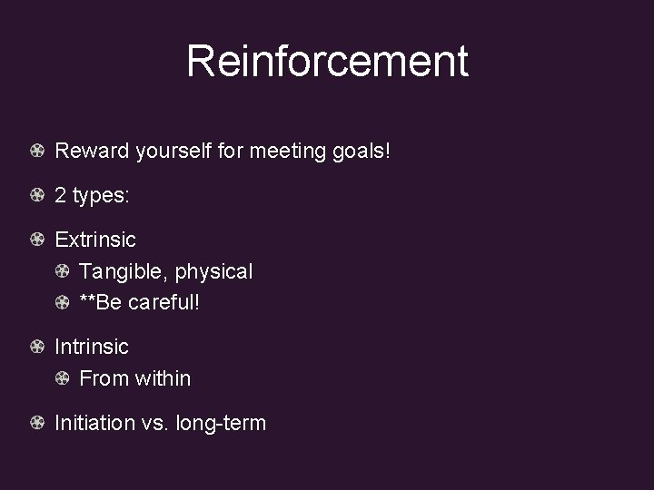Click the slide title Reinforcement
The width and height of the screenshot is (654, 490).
(327, 62)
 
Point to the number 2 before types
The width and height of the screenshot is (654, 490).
(61, 195)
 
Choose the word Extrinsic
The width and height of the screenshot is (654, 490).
(95, 240)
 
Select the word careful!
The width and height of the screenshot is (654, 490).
(163, 302)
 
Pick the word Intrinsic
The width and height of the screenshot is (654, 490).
(92, 347)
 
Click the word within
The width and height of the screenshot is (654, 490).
(163, 378)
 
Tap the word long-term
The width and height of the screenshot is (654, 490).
(222, 423)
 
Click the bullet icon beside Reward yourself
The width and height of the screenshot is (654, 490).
(37, 151)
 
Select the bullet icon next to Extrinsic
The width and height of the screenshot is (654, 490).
(37, 240)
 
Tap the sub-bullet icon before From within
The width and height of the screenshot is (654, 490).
(63, 378)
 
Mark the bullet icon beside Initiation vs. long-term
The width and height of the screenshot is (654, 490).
(37, 423)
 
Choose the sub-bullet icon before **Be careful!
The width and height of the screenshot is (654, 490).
(63, 302)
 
